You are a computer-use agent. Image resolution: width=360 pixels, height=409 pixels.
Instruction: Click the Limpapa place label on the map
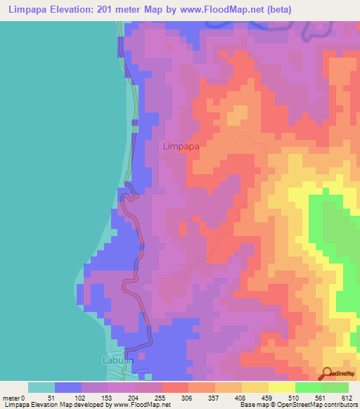(181, 147)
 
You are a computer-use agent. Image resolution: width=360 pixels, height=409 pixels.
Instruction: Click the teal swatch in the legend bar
(41, 387)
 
